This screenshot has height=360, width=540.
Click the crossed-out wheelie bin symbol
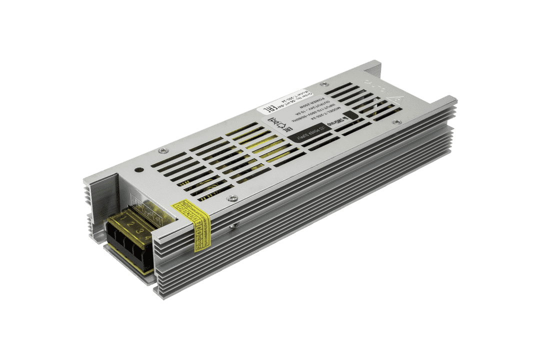(x=274, y=121)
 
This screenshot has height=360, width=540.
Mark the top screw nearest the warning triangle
(x=396, y=121)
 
